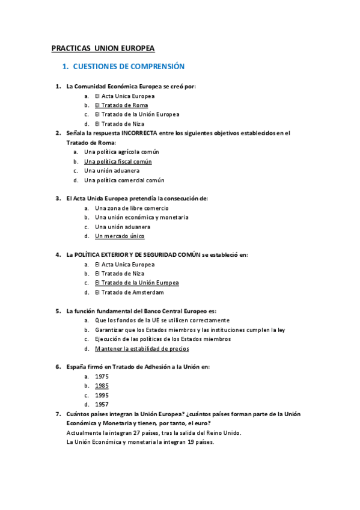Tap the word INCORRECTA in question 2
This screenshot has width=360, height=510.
click(x=139, y=134)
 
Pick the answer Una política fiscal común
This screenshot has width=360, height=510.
click(x=118, y=162)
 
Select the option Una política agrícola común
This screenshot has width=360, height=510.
click(x=121, y=152)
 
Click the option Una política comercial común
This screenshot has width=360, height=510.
click(x=124, y=180)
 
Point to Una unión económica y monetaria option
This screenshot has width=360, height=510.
click(x=142, y=218)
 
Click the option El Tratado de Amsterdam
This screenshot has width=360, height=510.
click(x=129, y=292)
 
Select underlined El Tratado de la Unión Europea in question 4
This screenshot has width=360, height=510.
click(x=137, y=283)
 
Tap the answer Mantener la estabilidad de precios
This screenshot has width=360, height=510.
click(x=142, y=349)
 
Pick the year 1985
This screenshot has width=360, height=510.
click(x=102, y=386)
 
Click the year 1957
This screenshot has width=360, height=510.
click(x=102, y=405)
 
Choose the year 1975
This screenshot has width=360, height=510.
click(x=102, y=376)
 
